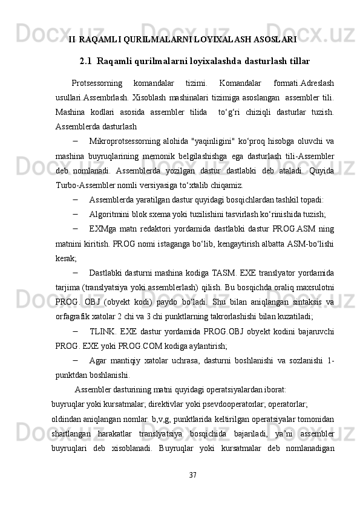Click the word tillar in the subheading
pos(297,61)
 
